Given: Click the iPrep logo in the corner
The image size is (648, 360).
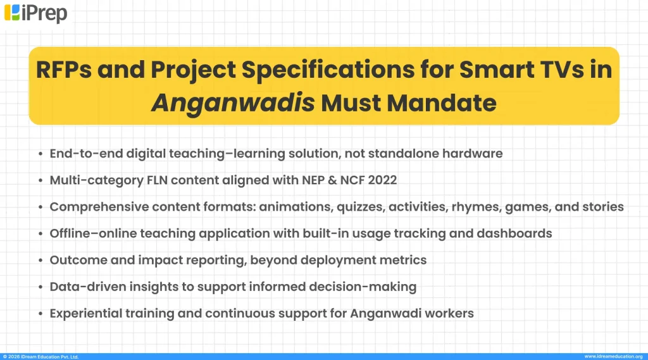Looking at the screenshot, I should [x=35, y=13].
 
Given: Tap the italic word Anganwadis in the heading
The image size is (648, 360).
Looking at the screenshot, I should [x=233, y=102].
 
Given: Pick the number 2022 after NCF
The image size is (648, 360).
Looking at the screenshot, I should [x=382, y=180].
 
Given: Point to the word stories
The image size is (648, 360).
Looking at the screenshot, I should [x=603, y=207].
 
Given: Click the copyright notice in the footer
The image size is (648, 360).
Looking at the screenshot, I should [x=42, y=356].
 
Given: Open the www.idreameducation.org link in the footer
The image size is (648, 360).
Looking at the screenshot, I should [x=613, y=356].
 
